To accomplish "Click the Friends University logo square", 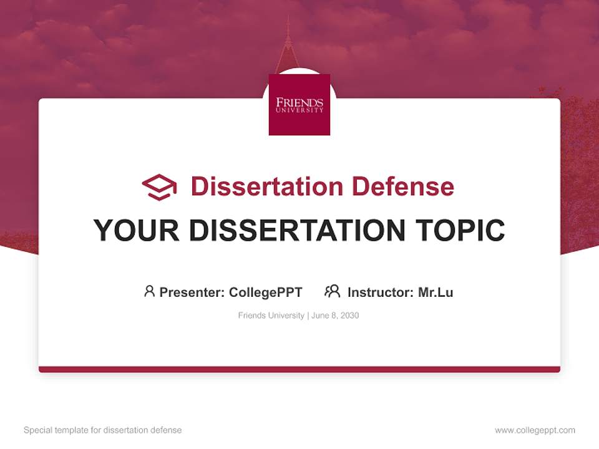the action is click(299, 105).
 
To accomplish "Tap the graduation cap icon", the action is click(159, 187).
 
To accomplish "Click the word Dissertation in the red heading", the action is click(267, 186).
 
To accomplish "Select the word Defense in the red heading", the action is click(403, 186).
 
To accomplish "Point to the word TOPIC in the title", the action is click(460, 231).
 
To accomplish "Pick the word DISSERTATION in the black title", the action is click(297, 231).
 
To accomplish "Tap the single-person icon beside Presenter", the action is click(149, 291).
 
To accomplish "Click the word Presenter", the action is click(192, 292).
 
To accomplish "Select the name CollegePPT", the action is click(266, 292).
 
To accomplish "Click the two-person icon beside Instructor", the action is click(333, 291).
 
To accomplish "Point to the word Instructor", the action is click(381, 292).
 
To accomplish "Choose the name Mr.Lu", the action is click(436, 292).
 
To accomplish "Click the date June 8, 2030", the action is click(335, 316).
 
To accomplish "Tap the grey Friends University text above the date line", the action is click(271, 316).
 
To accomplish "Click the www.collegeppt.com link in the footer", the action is click(535, 430).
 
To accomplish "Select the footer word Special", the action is click(38, 430).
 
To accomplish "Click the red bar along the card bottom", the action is click(299, 369).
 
